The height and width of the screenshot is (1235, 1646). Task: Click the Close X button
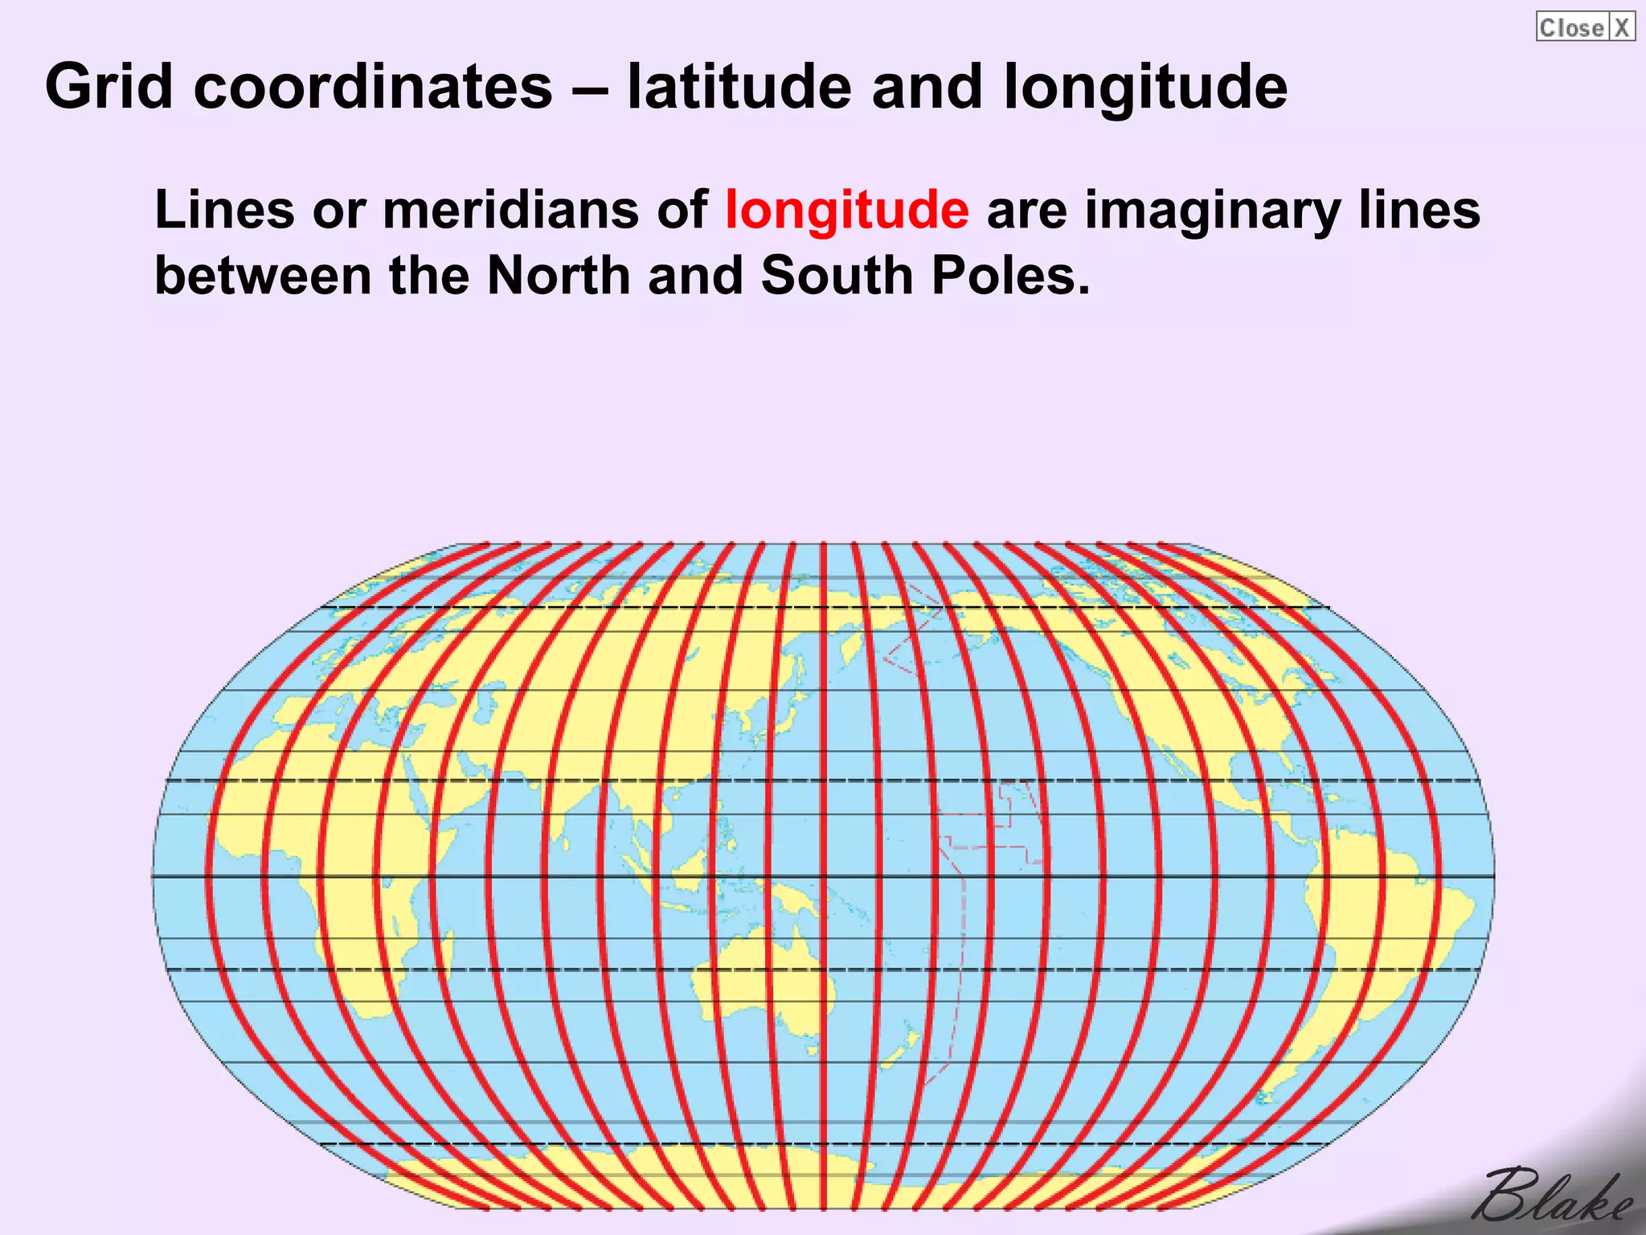(1584, 27)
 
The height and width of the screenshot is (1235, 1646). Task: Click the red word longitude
(846, 211)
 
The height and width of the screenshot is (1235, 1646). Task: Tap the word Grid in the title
(109, 87)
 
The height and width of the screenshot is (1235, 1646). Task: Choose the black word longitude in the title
(1144, 87)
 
